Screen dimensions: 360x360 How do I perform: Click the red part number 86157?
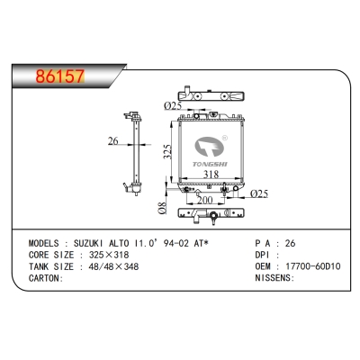coord(60,76)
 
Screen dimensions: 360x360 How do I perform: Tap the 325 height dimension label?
coord(167,152)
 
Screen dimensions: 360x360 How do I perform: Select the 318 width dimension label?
coord(211,175)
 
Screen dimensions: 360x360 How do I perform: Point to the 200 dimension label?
coord(205,200)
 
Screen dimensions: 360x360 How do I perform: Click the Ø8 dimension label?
coord(162,208)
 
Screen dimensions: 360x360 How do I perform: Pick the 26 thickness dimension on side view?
coord(113,140)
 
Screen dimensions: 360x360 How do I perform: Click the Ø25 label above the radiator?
coord(173,106)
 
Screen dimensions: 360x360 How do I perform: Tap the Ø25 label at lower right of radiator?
coord(259,193)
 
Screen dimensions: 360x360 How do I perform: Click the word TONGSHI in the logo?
coord(210,164)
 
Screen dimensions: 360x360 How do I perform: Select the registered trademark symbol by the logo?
coord(224,138)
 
